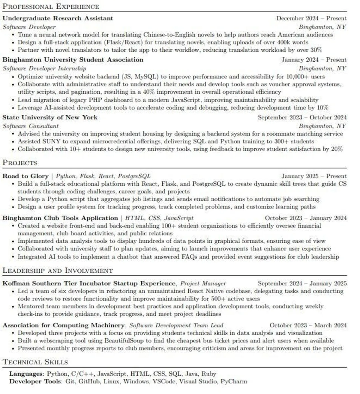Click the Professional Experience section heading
click(51, 6)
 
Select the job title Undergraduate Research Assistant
click(58, 18)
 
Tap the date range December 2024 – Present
click(311, 18)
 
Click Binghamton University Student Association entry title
click(73, 60)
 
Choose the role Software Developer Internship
click(44, 68)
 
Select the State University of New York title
click(50, 117)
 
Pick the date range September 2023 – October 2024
click(302, 117)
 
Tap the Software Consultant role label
click(31, 126)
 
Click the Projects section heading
click(20, 163)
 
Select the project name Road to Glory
click(25, 176)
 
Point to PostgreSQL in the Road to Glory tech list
click(134, 176)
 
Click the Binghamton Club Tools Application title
click(60, 218)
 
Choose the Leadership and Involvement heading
click(58, 271)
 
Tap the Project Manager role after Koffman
click(203, 283)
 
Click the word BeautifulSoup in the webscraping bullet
click(124, 341)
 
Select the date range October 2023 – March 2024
click(308, 325)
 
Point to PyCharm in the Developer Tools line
click(234, 381)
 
